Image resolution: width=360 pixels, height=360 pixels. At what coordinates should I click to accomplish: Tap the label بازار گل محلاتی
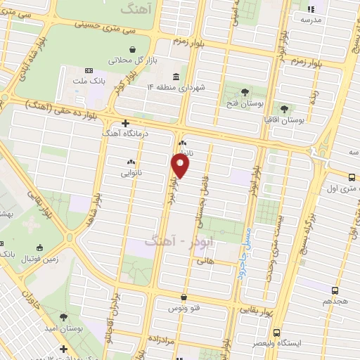click(127, 60)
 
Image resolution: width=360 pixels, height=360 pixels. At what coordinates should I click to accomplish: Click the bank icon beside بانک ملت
click(89, 70)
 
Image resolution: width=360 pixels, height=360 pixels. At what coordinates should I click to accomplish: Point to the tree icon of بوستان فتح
click(245, 91)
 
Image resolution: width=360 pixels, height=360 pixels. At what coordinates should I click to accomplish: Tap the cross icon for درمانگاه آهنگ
click(124, 122)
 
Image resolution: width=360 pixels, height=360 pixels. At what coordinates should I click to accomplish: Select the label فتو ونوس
click(183, 308)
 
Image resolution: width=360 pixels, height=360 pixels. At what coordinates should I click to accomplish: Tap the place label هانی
click(205, 260)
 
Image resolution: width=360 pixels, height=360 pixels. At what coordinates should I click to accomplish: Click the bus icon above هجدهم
click(335, 290)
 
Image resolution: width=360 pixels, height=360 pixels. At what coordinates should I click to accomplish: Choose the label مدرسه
click(311, 20)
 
